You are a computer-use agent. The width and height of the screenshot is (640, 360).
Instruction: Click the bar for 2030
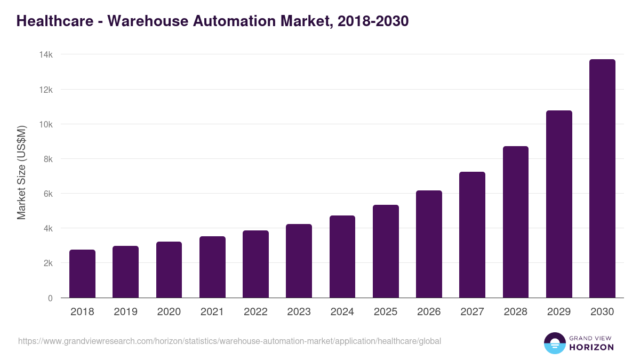(x=602, y=179)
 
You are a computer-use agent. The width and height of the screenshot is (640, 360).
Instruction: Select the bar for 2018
(x=82, y=274)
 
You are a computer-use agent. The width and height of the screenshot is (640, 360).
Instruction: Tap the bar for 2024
(x=342, y=257)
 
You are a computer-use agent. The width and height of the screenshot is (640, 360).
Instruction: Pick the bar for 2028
(x=516, y=222)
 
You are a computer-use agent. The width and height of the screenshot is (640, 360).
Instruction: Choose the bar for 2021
(x=212, y=267)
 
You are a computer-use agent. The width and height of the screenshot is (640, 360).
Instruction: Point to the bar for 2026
(x=429, y=244)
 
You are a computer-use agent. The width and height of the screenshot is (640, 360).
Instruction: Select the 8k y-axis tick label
(x=48, y=159)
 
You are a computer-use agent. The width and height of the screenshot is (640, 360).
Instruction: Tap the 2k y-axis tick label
(x=48, y=263)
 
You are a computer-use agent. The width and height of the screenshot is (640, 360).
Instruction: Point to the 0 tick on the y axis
(x=50, y=298)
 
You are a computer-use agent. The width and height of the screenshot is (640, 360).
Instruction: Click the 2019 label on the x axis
(x=126, y=312)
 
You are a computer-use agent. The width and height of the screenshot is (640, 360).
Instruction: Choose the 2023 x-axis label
(x=299, y=312)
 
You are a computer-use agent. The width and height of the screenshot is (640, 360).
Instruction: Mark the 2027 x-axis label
(x=472, y=312)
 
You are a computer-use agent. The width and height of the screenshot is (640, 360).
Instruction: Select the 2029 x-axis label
(x=559, y=312)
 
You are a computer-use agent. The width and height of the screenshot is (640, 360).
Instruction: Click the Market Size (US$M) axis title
(x=21, y=172)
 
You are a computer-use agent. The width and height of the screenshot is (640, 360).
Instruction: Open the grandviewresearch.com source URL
(x=229, y=341)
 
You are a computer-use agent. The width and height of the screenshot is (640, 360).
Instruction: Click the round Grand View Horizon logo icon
(x=554, y=343)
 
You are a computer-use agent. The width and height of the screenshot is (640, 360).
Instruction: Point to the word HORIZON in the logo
(x=591, y=347)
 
